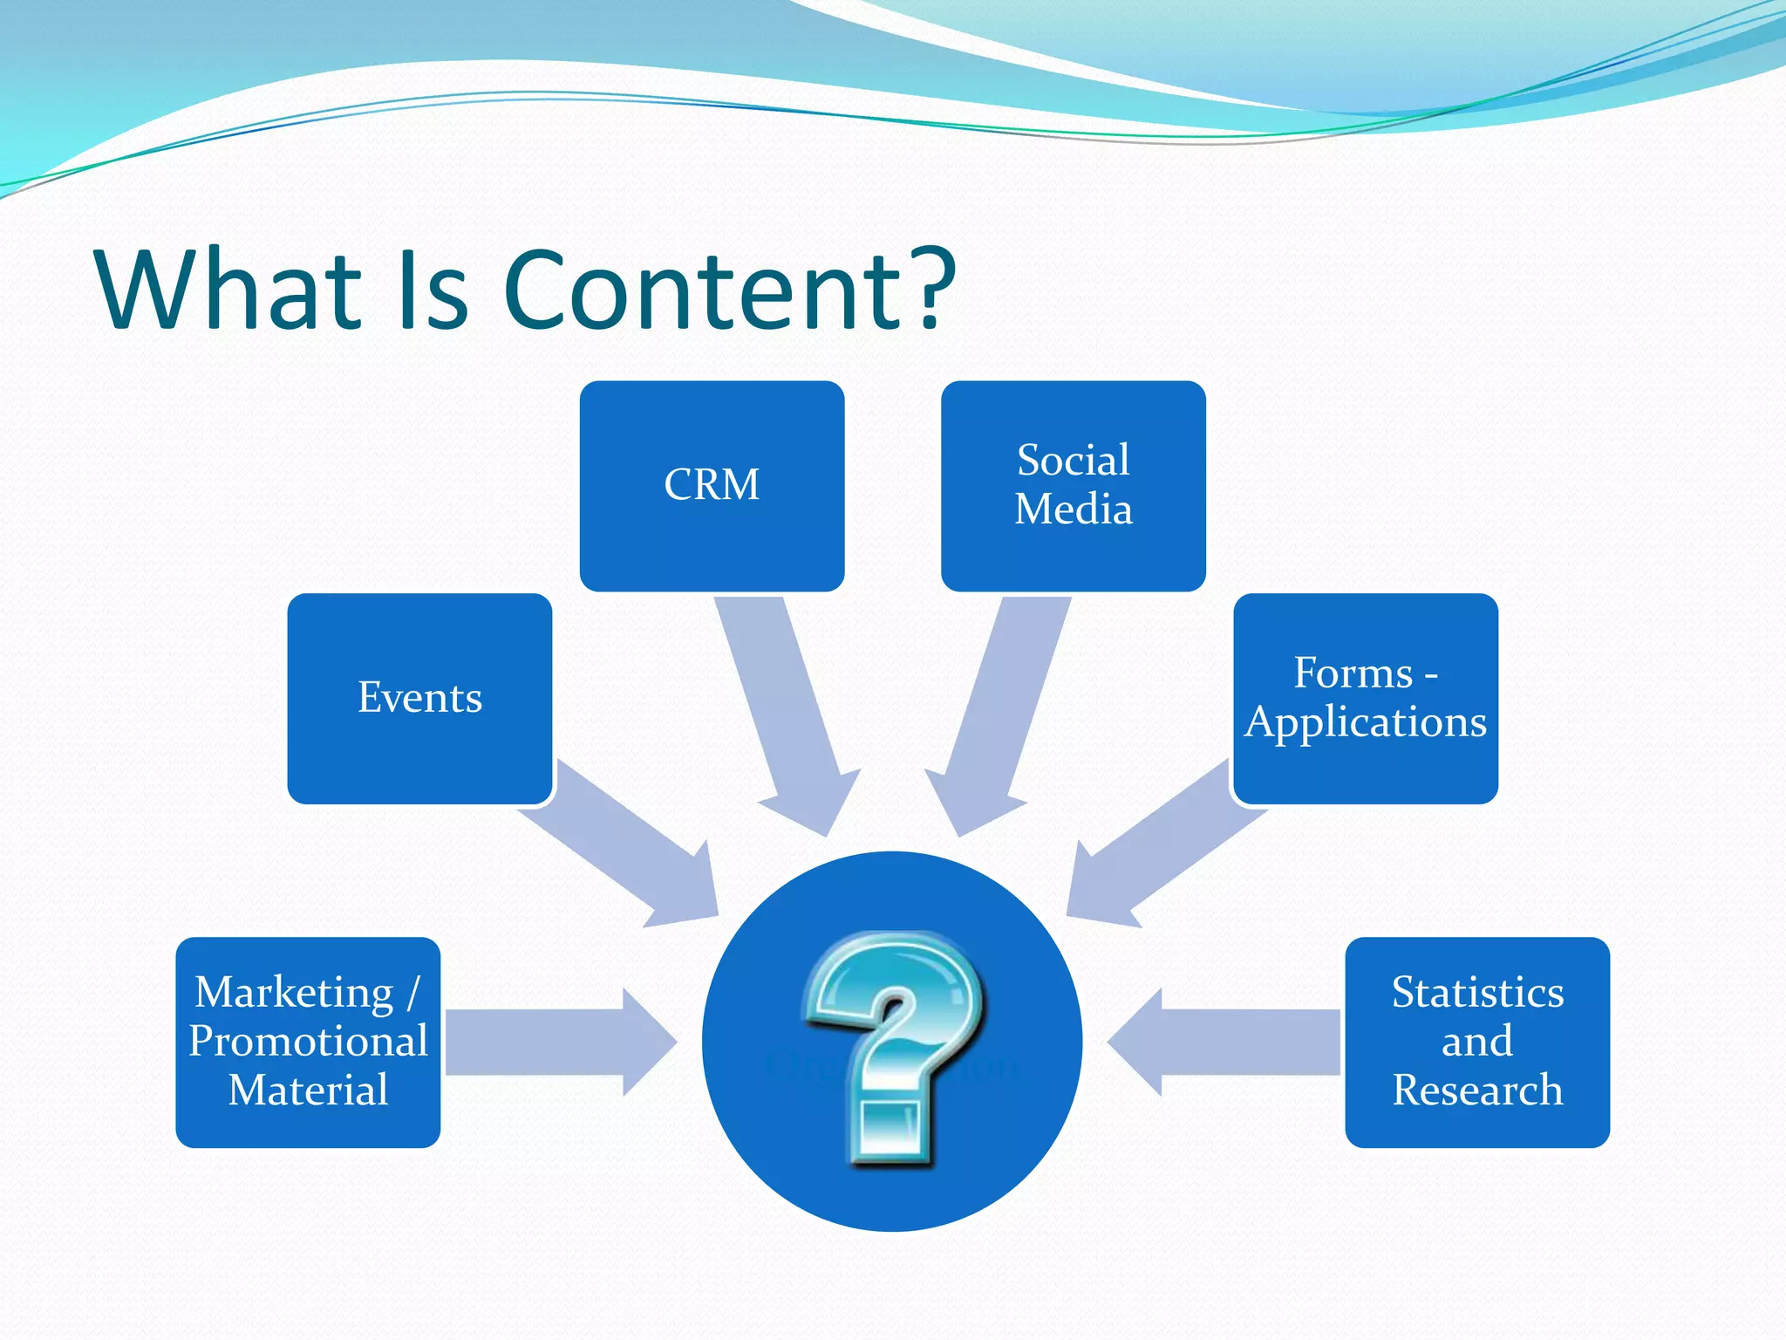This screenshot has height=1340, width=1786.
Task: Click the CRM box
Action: (x=712, y=486)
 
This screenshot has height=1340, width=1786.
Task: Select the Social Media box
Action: (x=1073, y=486)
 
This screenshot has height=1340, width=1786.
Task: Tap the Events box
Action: (x=419, y=698)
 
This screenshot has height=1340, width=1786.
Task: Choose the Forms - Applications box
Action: (x=1365, y=698)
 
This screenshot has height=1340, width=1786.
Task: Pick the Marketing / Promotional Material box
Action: (x=308, y=1042)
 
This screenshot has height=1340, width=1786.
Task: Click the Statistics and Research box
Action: (x=1476, y=1042)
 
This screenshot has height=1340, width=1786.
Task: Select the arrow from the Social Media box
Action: (x=999, y=707)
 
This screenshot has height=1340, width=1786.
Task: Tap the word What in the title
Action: (x=229, y=290)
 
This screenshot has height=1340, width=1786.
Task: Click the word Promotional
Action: (x=308, y=1042)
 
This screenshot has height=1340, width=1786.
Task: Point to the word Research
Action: (x=1477, y=1090)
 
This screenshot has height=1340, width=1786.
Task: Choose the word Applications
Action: (x=1366, y=722)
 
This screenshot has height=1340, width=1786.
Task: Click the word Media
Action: (x=1073, y=509)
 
